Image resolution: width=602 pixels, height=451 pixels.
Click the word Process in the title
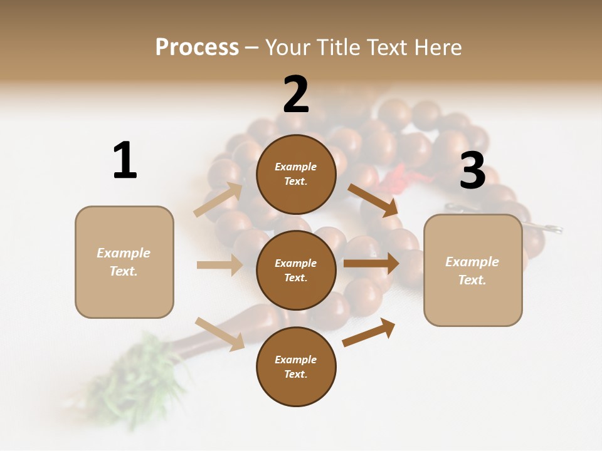197,48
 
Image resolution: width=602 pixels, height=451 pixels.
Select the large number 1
125,160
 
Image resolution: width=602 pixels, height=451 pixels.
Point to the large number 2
296,95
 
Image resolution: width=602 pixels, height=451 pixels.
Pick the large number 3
472,170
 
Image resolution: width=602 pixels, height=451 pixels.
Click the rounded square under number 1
124,262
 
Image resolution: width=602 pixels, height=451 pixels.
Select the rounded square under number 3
473,271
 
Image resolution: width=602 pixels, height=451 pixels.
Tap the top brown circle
296,174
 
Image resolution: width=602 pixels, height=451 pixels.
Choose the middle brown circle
296,270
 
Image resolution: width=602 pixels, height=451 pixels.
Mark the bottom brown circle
296,366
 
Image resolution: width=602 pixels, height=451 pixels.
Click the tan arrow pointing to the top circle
218,199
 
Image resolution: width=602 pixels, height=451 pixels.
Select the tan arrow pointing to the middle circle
219,265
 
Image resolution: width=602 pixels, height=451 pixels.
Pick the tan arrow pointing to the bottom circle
220,333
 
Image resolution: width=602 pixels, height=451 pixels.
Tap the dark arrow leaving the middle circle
371,263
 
